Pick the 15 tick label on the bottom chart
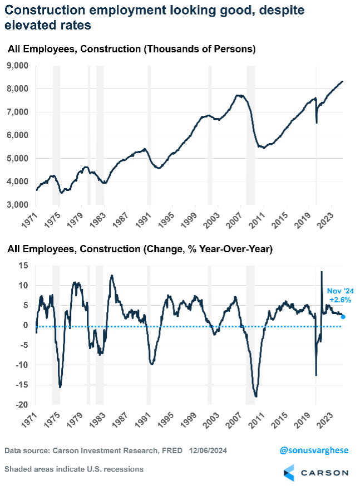coord(22,266)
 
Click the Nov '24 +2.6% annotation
coord(339,295)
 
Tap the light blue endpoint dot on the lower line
coord(343,317)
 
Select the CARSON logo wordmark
coord(326,472)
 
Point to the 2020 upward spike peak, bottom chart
coord(322,272)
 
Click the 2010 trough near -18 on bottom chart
coord(255,397)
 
